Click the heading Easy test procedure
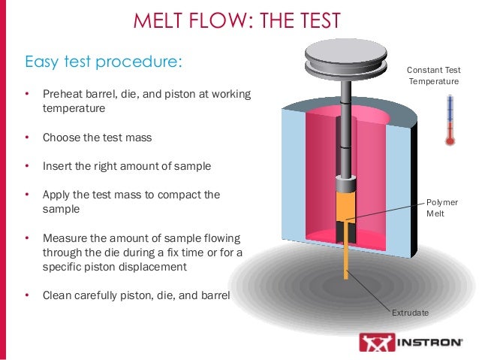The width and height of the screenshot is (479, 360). tap(104, 60)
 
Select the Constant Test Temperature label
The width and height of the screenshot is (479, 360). tap(434, 75)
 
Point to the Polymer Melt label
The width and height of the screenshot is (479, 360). tap(441, 208)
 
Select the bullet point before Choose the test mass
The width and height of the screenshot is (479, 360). tap(26, 138)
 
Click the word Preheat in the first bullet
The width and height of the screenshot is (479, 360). tap(62, 95)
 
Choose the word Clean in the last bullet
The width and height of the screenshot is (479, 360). tap(56, 295)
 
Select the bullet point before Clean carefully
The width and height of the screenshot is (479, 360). tap(26, 295)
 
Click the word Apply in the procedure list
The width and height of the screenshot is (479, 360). tap(56, 194)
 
